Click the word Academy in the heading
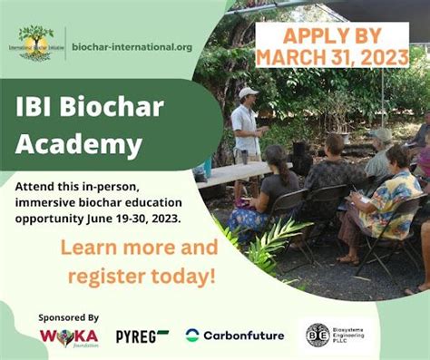click(78, 143)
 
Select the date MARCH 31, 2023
click(333, 56)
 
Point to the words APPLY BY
click(332, 35)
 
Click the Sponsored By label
click(68, 317)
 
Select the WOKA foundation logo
click(69, 336)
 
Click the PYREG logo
click(142, 336)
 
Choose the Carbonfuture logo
click(235, 336)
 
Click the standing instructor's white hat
click(247, 92)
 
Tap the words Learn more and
click(139, 248)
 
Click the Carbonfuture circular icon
click(192, 336)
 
